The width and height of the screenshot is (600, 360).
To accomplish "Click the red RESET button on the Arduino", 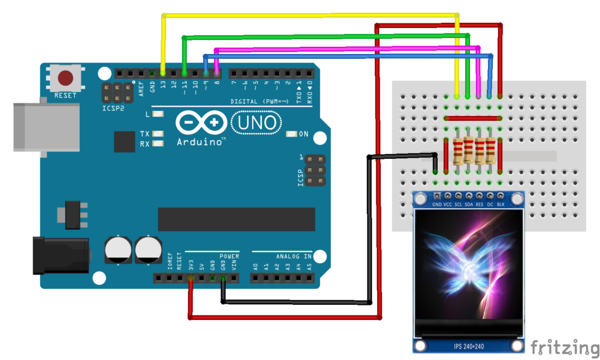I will coord(65,78).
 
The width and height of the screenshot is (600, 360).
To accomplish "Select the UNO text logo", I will coord(254,123).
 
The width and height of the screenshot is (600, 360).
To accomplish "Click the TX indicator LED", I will coord(158,134).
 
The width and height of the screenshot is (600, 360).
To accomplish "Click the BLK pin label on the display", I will coord(500,205).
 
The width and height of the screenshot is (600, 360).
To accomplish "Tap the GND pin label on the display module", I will coord(437,205).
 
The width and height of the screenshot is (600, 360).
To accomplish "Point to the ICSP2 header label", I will coord(114,108).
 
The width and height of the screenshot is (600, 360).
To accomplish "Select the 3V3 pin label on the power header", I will coord(190,266).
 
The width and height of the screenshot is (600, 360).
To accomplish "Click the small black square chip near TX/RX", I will coord(124,141).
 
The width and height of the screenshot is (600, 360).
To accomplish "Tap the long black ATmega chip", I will coord(236,219).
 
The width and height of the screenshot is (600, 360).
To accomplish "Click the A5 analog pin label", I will coord(309,266).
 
